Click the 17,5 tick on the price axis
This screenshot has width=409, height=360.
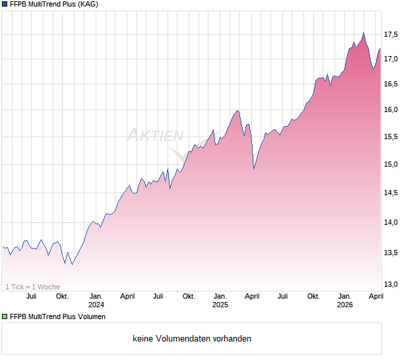[x=393, y=34]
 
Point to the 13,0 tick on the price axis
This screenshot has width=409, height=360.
[x=393, y=284]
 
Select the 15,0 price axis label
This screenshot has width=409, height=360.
[x=393, y=165]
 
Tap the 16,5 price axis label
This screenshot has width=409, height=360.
[x=393, y=84]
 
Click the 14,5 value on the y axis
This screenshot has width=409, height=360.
[x=393, y=193]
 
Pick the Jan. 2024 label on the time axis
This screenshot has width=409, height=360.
[x=96, y=301]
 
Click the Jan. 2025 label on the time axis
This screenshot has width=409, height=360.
[x=220, y=301]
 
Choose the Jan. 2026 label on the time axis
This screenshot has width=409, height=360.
[x=344, y=301]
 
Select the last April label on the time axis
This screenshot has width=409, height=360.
[x=376, y=297]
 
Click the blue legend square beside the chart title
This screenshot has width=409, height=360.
[x=5, y=5]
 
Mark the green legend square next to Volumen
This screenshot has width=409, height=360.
[x=5, y=317]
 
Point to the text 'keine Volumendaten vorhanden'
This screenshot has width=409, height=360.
[x=192, y=339]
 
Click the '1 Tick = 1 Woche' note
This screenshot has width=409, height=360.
[x=33, y=287]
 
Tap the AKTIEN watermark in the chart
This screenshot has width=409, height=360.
[x=155, y=136]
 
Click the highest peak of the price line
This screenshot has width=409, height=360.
[x=363, y=33]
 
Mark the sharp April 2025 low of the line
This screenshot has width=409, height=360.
[x=254, y=169]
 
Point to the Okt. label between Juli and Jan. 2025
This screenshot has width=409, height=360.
[x=189, y=297]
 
